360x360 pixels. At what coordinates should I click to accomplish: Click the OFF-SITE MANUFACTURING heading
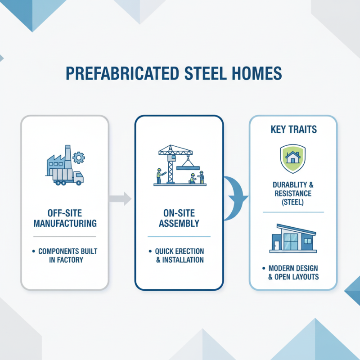(64, 217)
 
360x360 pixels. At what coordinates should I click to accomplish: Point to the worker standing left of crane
(158, 175)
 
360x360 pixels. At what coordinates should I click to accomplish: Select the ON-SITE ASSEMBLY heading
(179, 217)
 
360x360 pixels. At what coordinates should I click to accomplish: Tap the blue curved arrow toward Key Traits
(234, 198)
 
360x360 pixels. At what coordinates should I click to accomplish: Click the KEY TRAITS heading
(293, 130)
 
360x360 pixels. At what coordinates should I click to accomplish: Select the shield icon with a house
(292, 158)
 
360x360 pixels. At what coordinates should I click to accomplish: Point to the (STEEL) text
(292, 202)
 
